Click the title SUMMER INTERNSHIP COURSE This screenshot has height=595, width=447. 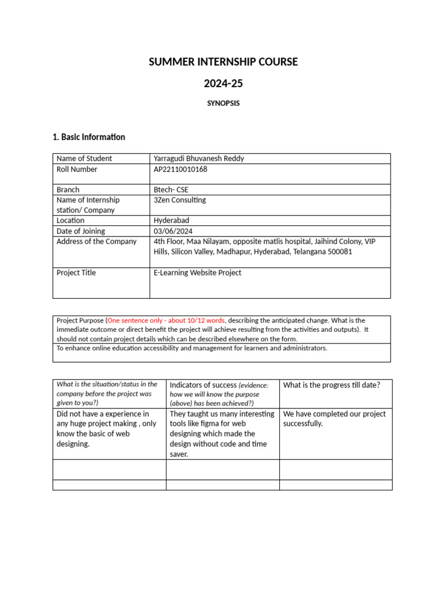223,62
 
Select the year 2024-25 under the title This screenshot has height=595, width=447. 223,84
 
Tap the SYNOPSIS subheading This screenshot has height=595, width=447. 223,103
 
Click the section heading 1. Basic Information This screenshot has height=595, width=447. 88,137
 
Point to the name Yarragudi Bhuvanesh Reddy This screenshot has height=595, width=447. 198,159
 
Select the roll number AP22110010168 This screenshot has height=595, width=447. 180,170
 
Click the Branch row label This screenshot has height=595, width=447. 68,190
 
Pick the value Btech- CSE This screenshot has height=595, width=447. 171,190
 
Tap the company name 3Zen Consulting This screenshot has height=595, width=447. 180,200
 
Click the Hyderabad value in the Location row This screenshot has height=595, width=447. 171,221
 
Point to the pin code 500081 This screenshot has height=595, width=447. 339,252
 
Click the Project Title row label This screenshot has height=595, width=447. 76,273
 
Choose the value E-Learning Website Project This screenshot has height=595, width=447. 197,273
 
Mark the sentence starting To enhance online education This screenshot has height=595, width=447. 191,349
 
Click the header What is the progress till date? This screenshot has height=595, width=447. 331,385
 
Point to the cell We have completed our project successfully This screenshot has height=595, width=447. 334,418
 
